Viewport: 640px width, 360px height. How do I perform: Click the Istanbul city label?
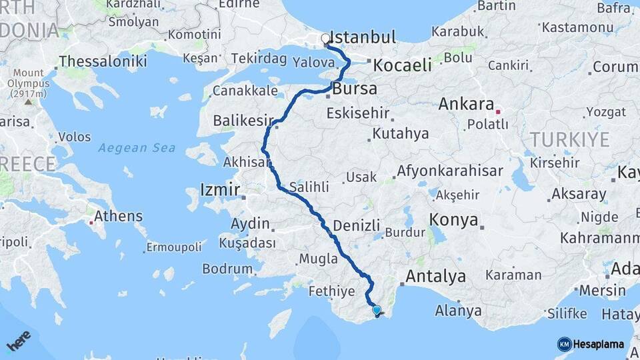point(363,37)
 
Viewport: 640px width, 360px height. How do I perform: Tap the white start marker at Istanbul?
point(325,39)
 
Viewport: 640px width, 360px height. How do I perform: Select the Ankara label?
point(466,105)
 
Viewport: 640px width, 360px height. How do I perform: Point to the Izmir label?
point(219,190)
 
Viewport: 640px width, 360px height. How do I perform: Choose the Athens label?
point(118,216)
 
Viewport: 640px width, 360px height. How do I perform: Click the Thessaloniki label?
point(103,61)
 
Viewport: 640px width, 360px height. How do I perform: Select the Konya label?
point(453,220)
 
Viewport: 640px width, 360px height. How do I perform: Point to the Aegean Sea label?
point(137,147)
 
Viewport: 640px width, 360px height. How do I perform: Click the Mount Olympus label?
point(28,83)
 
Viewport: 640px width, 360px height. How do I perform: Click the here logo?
point(19,341)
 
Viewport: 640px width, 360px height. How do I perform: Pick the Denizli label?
point(356,225)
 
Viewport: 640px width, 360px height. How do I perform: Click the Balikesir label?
point(243,121)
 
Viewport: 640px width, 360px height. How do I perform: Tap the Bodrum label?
point(227,269)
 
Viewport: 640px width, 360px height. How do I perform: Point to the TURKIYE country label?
point(569,139)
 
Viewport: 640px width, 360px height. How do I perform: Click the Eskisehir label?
point(357,113)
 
